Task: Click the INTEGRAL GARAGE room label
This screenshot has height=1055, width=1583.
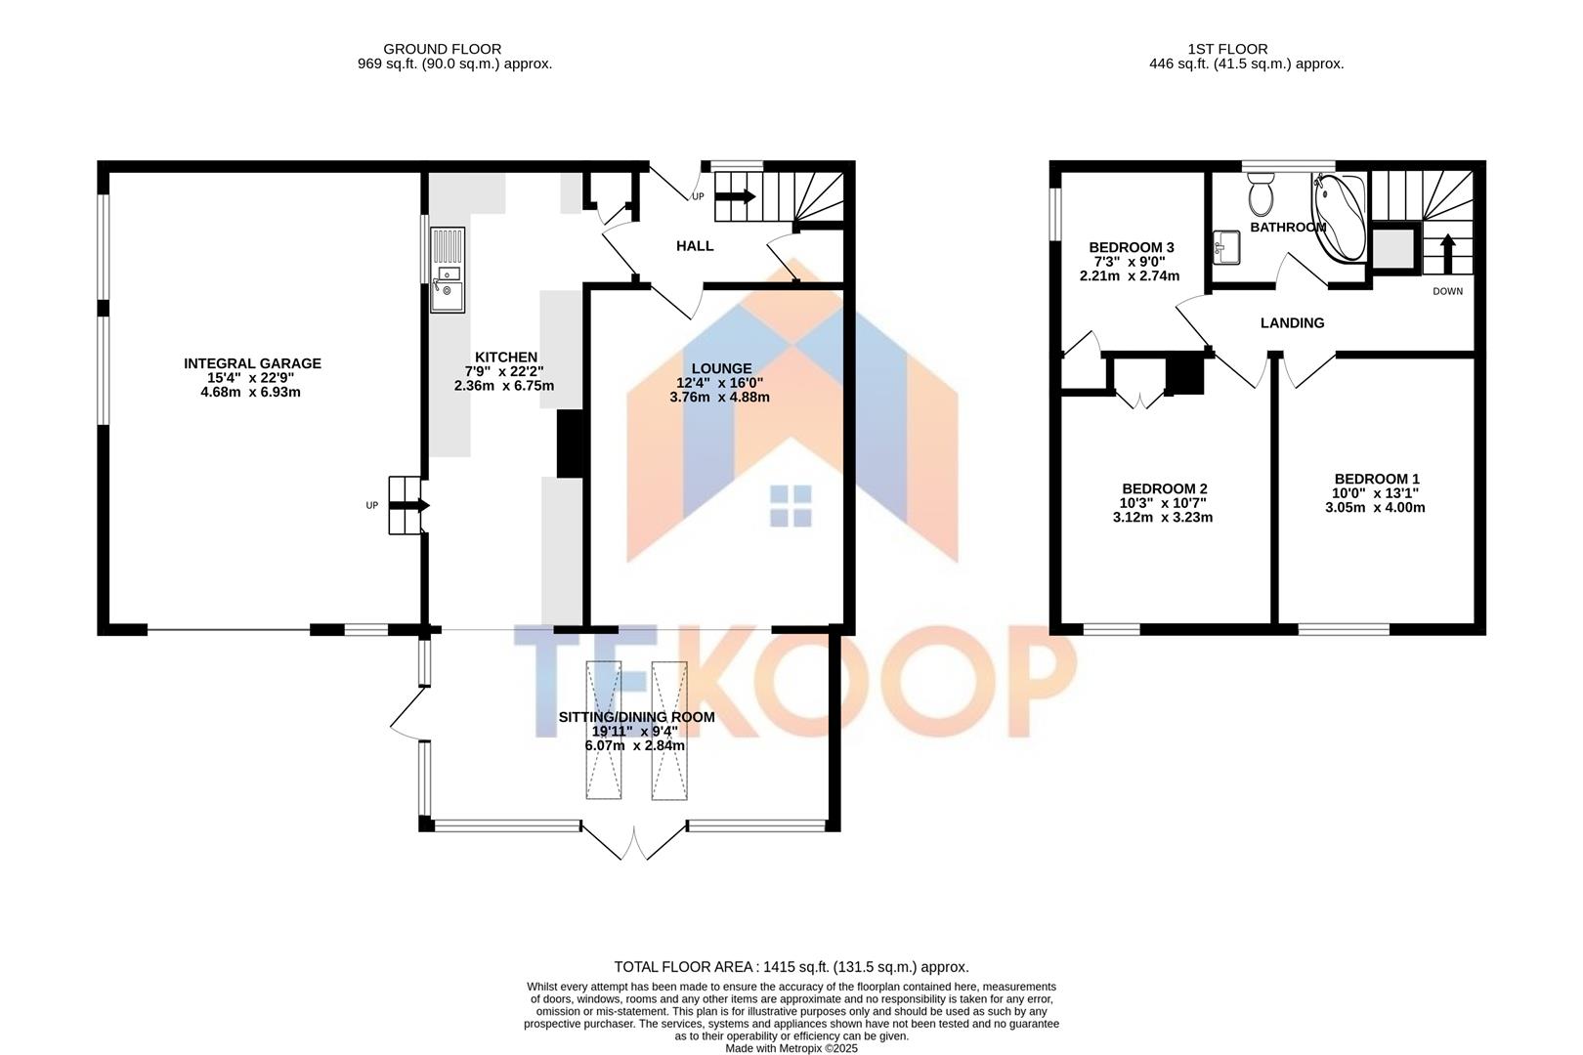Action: click(252, 363)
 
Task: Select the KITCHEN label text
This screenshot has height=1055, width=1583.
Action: click(505, 357)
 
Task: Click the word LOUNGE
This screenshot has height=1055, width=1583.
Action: click(721, 368)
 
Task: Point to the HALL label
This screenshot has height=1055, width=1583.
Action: click(695, 246)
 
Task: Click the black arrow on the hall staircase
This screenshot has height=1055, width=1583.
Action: click(736, 196)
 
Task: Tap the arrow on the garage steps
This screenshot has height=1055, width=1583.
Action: click(410, 505)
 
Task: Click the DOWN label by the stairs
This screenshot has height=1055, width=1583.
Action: click(1447, 291)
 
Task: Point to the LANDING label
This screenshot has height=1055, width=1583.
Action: click(1292, 323)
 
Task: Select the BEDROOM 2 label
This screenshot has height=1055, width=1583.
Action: click(1164, 488)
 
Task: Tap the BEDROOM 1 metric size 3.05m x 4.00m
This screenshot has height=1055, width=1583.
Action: click(1375, 507)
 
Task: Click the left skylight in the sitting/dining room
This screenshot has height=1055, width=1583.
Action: click(603, 730)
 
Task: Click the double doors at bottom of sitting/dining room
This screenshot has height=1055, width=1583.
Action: click(633, 842)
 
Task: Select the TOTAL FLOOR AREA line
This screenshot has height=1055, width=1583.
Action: click(791, 967)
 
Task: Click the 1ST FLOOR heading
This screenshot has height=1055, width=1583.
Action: click(1227, 49)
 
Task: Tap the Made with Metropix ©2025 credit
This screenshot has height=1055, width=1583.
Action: click(791, 1048)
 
